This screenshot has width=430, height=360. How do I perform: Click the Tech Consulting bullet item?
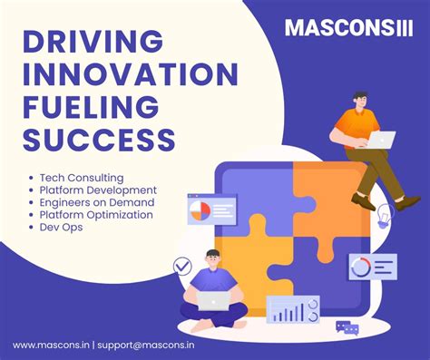tap(82, 178)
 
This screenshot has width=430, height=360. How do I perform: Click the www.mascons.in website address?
tap(50, 345)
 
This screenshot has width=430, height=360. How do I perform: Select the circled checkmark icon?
tap(182, 267)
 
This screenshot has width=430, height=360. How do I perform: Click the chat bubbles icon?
tap(347, 327)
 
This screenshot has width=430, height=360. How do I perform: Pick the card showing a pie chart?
tap(210, 210)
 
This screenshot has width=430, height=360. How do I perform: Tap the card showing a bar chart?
tap(292, 311)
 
